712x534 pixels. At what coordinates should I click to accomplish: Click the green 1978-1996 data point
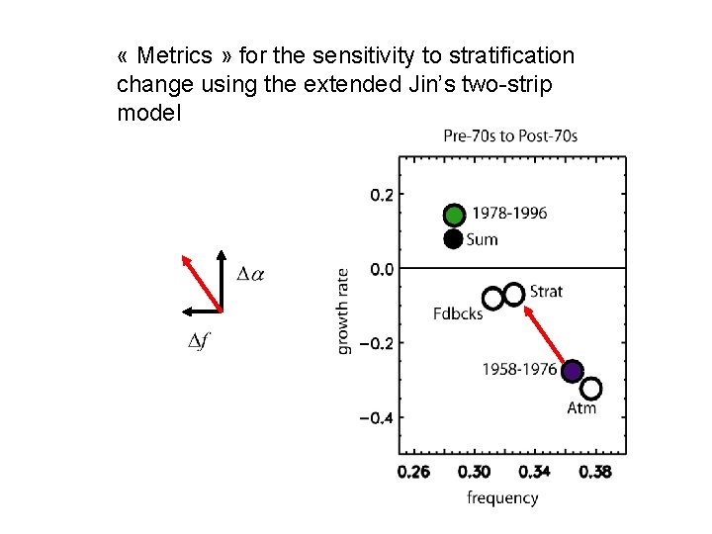click(x=454, y=215)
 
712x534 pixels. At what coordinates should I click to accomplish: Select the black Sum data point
click(x=453, y=238)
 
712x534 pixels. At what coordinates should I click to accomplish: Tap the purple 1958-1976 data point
click(x=572, y=371)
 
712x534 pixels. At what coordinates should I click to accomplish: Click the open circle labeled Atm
click(x=591, y=389)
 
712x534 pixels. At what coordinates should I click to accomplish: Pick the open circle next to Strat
click(x=514, y=294)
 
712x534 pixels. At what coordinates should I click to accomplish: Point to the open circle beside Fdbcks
click(x=492, y=299)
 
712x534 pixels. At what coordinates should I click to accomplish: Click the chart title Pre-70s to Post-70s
click(x=510, y=135)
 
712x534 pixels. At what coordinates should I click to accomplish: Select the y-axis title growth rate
click(x=343, y=311)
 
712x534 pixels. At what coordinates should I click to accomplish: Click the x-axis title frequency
click(x=502, y=497)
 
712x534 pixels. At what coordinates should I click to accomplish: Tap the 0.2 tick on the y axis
click(x=382, y=195)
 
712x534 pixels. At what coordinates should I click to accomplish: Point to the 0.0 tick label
click(x=382, y=268)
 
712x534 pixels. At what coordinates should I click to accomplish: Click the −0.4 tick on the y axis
click(x=376, y=418)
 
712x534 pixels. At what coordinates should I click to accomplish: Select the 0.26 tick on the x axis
click(x=414, y=472)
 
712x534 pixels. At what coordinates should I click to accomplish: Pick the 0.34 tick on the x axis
click(x=535, y=472)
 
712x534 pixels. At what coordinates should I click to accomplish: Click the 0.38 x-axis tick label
click(x=595, y=472)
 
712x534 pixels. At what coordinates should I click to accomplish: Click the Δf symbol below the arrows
click(x=198, y=342)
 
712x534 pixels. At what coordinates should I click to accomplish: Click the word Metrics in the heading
click(x=174, y=56)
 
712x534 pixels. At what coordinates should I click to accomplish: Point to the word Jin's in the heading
click(x=435, y=85)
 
